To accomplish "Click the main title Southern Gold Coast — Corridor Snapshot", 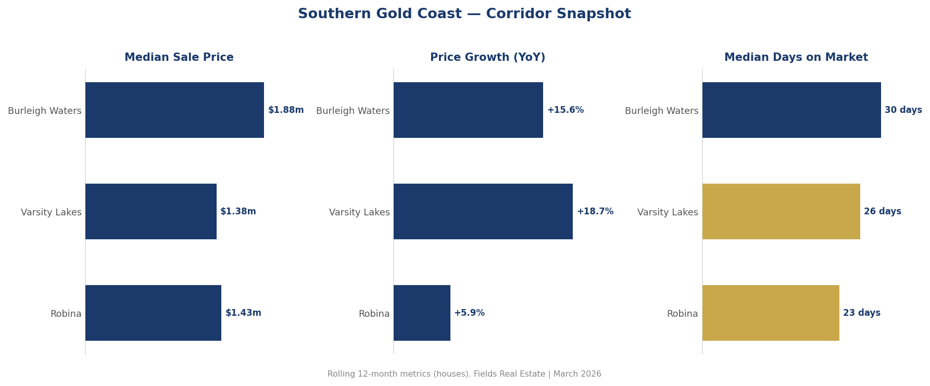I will (464, 14).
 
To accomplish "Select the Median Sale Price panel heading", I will (179, 58).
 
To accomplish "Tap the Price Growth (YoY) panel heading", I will (487, 58).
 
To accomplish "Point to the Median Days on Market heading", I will (796, 58).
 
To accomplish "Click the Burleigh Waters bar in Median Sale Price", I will (174, 110).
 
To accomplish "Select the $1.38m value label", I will (238, 212).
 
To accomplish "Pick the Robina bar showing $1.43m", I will (153, 313).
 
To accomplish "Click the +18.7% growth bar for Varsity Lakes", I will (483, 211).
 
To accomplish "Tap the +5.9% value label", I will (469, 313).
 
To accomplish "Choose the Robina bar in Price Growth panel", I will (422, 313).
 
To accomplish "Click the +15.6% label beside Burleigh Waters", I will (565, 110).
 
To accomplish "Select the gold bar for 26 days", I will (781, 211).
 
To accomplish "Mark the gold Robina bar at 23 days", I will (770, 313).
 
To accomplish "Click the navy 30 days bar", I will (791, 110).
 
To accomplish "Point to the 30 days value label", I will (903, 110).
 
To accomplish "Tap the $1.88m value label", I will (286, 110).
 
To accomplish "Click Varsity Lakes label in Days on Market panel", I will (668, 212).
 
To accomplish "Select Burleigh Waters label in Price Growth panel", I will (353, 111).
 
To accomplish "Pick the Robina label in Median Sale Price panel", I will (66, 314).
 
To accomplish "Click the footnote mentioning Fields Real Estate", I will (464, 374).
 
